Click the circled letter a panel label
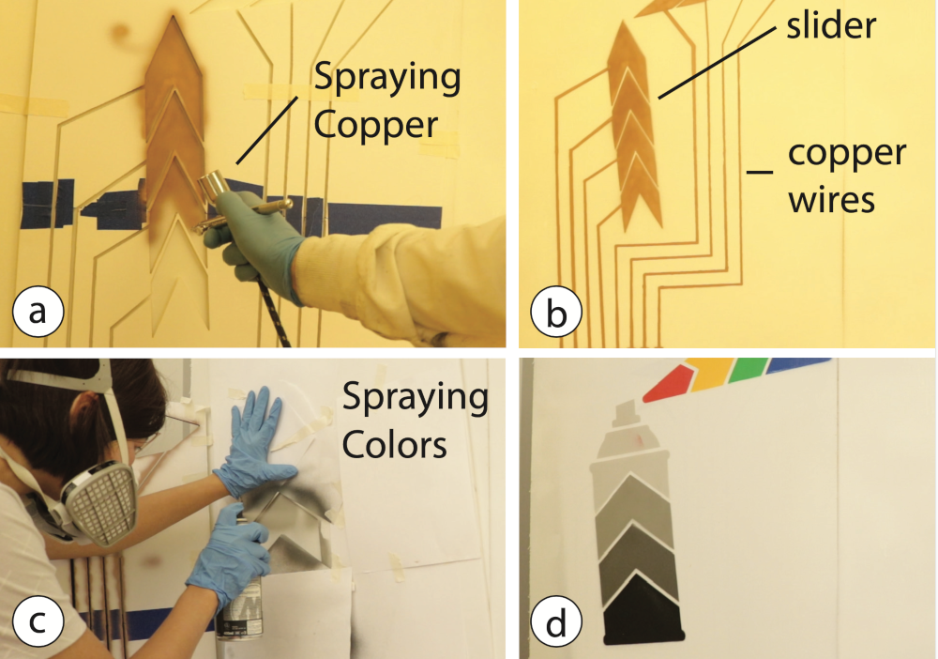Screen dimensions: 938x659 click(38, 312)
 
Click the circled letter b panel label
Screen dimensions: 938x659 click(556, 312)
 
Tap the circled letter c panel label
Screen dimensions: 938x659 click(38, 621)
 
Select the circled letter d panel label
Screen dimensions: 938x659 click(556, 621)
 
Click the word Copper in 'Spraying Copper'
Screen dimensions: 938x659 click(376, 125)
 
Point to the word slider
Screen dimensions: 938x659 click(831, 26)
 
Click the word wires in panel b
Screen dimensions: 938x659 click(832, 200)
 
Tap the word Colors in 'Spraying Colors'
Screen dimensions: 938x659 click(394, 445)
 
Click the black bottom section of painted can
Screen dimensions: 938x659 click(643, 611)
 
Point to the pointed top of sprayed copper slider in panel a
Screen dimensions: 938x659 click(173, 17)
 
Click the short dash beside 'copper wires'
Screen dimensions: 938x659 click(760, 172)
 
